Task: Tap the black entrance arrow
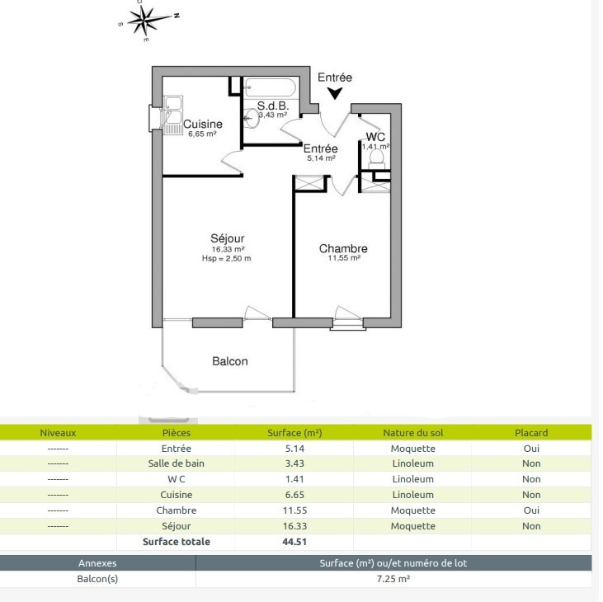(x=335, y=93)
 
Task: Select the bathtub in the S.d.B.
(x=271, y=88)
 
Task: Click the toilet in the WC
(x=376, y=158)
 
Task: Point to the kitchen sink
(x=172, y=115)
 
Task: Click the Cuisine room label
(x=203, y=125)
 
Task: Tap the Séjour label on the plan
(x=228, y=238)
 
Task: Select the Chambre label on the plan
(x=343, y=248)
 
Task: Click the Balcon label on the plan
(x=230, y=361)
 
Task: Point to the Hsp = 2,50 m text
(x=227, y=259)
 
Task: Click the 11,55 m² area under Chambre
(x=344, y=258)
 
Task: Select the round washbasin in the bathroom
(x=252, y=118)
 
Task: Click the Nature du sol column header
(x=413, y=433)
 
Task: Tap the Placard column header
(x=531, y=433)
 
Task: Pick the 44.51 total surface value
(x=294, y=542)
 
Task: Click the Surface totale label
(x=177, y=542)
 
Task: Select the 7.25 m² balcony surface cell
(x=393, y=579)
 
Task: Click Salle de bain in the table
(x=177, y=463)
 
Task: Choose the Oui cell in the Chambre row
(x=531, y=510)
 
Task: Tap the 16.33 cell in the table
(x=294, y=526)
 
